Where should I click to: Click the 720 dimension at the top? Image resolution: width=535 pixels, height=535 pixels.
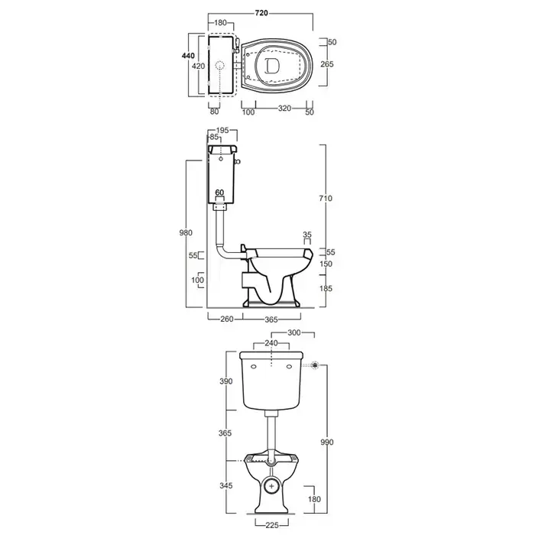pyautogui.click(x=261, y=13)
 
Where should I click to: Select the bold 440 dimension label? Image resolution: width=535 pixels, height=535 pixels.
pyautogui.click(x=188, y=56)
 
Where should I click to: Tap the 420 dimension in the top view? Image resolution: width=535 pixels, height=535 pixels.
pyautogui.click(x=198, y=66)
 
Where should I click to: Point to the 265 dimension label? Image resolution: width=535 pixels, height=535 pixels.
pyautogui.click(x=327, y=63)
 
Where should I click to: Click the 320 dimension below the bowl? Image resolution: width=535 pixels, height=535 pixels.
pyautogui.click(x=284, y=109)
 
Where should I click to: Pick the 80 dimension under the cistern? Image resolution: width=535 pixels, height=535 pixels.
pyautogui.click(x=214, y=112)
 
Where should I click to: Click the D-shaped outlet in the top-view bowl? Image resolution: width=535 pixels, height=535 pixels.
pyautogui.click(x=272, y=66)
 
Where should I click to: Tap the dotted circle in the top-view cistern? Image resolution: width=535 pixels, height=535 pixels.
pyautogui.click(x=221, y=66)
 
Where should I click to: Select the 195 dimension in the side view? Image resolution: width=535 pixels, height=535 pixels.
pyautogui.click(x=222, y=131)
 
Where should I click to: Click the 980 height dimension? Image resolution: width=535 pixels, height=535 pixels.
pyautogui.click(x=186, y=232)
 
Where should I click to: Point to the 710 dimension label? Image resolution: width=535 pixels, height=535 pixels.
pyautogui.click(x=326, y=198)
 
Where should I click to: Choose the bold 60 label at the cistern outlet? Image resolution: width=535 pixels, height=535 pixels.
pyautogui.click(x=220, y=193)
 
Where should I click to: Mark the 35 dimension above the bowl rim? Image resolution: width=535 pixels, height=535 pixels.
pyautogui.click(x=307, y=235)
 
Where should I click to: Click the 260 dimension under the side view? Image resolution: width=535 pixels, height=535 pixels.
pyautogui.click(x=226, y=319)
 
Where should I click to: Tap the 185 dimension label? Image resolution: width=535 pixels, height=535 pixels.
pyautogui.click(x=326, y=288)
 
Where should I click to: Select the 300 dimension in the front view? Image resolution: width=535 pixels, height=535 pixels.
pyautogui.click(x=293, y=332)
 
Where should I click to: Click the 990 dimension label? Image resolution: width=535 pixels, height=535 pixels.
pyautogui.click(x=327, y=443)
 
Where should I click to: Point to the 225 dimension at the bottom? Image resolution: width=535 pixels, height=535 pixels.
pyautogui.click(x=272, y=525)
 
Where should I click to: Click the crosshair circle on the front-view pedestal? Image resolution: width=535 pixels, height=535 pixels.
pyautogui.click(x=271, y=486)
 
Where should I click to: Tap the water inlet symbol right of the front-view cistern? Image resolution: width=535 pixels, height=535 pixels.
pyautogui.click(x=315, y=365)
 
